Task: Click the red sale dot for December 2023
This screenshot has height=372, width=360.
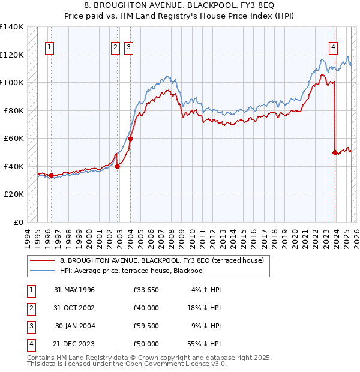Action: pyautogui.click(x=335, y=152)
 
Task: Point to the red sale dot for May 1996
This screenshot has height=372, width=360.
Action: pyautogui.click(x=51, y=175)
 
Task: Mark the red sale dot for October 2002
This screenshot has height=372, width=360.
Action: pyautogui.click(x=118, y=167)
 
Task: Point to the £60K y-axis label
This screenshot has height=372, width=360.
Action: pyautogui.click(x=14, y=139)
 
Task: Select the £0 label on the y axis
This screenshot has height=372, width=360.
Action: pyautogui.click(x=19, y=222)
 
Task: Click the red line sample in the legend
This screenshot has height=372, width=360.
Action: pyautogui.click(x=42, y=260)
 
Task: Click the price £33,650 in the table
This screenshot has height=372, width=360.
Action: pyautogui.click(x=146, y=290)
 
